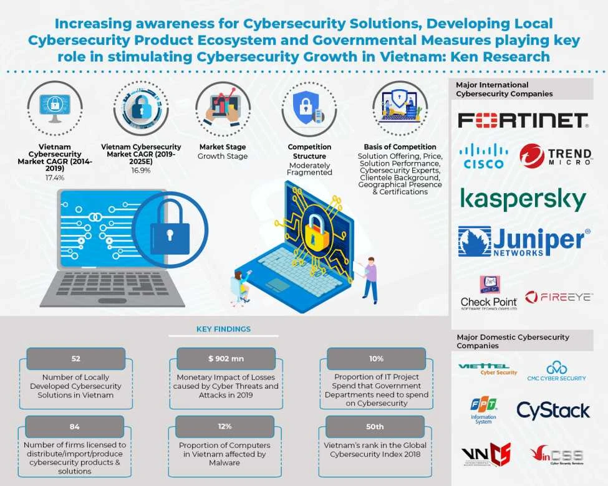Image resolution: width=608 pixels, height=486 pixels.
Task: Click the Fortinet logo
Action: click(x=523, y=120)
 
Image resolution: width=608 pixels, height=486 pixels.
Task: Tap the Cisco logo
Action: click(x=483, y=156)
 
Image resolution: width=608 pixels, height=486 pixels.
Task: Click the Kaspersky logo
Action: click(x=523, y=199)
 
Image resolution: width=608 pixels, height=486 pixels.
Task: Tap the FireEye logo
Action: click(x=558, y=297)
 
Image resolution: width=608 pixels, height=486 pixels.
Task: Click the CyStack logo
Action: click(x=553, y=411)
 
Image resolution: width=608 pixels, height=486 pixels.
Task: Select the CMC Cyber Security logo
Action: click(x=557, y=371)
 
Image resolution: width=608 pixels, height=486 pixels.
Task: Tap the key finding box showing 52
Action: click(x=75, y=359)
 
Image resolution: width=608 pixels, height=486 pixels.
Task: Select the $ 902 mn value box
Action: click(x=226, y=359)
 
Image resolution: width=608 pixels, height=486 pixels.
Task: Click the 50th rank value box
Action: click(x=376, y=427)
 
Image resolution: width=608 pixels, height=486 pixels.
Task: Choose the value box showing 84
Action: click(x=75, y=427)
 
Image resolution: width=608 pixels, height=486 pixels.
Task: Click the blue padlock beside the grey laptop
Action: click(x=170, y=228)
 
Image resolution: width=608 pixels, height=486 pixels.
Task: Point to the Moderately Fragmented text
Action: click(x=309, y=168)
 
